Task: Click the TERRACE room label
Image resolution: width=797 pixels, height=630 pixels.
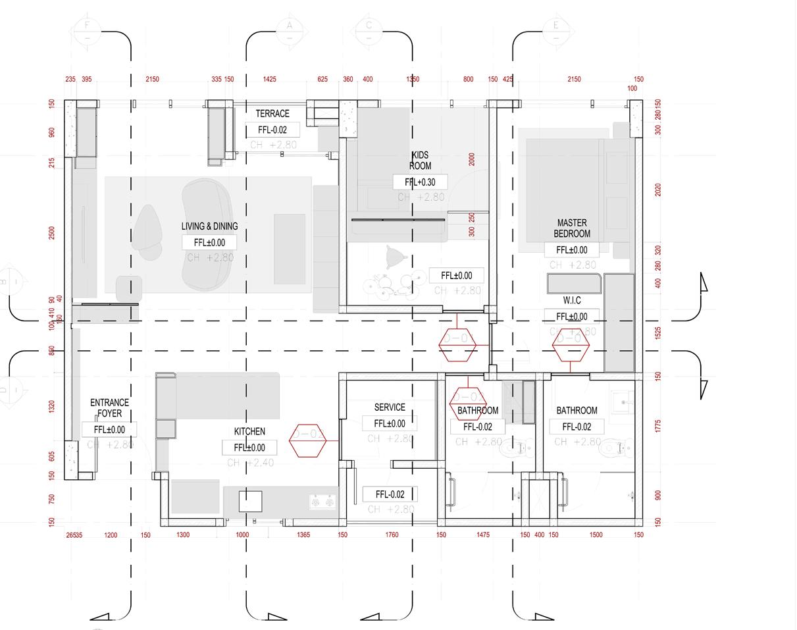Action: coord(272,113)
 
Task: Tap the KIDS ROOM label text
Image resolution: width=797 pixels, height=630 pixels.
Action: coord(420,161)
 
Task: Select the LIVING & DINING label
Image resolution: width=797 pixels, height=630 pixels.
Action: coord(209,226)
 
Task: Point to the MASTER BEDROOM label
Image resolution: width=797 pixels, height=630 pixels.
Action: coord(571,228)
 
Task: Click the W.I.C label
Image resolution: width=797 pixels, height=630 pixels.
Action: coord(571,300)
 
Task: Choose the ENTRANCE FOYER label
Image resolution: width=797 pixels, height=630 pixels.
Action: coord(109,408)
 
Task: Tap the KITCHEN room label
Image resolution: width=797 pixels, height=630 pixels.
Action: coord(249,432)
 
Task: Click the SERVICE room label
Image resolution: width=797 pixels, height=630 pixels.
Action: coord(389,407)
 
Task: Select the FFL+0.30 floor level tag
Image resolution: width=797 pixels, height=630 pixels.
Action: coord(420,182)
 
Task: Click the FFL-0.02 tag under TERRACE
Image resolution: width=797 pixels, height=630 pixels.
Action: coord(272,130)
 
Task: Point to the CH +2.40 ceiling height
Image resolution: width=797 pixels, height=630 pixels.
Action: coord(249,463)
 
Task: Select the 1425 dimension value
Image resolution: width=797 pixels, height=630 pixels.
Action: coord(269,79)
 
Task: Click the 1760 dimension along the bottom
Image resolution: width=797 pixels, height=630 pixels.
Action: coord(392,535)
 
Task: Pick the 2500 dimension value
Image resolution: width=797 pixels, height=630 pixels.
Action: coord(52,233)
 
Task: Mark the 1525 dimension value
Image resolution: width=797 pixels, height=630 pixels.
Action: coord(657,334)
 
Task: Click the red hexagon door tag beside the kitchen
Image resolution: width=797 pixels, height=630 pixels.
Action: coord(307,440)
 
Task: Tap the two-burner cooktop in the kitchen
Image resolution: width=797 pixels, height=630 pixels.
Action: coord(323,503)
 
